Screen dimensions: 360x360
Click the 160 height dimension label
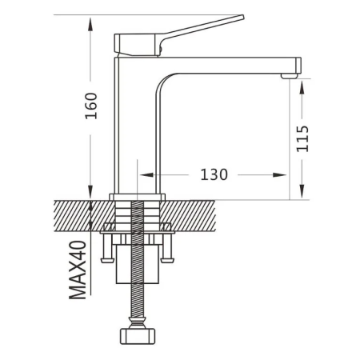91,106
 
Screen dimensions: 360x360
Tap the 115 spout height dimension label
302,138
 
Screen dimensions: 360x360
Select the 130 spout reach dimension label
214,174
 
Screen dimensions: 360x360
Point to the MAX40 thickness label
78,270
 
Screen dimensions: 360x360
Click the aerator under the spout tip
290,76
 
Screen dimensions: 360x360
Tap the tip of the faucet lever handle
242,17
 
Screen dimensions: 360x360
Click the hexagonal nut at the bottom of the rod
138,336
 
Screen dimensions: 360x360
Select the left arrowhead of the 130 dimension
146,175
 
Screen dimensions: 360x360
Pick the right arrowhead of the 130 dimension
279,175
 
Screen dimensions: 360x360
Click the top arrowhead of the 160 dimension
90,25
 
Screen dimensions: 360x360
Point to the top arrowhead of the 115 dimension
302,87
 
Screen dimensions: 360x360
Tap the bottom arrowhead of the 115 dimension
302,191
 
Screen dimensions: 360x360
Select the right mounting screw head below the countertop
167,259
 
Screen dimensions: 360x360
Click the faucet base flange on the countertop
137,197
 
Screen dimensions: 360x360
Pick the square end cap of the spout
298,65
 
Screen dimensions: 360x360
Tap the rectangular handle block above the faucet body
137,45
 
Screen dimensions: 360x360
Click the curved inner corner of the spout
163,82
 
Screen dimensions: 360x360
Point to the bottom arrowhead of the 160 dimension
90,192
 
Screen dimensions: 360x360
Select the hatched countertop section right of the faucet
188,216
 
